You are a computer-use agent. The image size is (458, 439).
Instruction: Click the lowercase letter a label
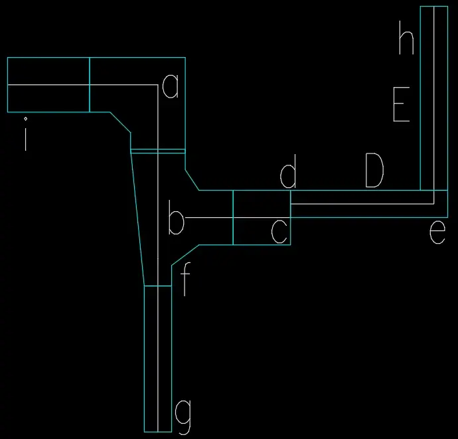[x=171, y=86]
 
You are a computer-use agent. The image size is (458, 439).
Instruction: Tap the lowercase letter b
[x=176, y=217]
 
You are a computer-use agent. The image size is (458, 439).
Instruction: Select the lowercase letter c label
[x=279, y=232]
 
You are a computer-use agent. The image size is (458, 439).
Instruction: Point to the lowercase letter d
[x=288, y=171]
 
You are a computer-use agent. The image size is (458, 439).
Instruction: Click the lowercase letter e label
[x=437, y=232]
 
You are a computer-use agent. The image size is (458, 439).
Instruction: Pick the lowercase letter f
[x=185, y=279]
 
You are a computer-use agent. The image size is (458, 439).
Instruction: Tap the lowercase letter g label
[x=183, y=417]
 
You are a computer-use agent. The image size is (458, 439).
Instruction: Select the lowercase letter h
[x=407, y=37]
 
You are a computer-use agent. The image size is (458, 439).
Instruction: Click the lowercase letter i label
[x=26, y=139]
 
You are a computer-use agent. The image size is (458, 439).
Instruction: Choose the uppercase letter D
[x=374, y=170]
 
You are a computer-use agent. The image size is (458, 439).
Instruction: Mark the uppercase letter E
[x=402, y=104]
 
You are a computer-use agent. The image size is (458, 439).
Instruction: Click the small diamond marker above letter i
[x=26, y=119]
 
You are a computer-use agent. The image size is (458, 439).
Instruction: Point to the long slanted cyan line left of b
[x=137, y=219]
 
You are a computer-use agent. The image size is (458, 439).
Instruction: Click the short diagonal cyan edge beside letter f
[x=185, y=255]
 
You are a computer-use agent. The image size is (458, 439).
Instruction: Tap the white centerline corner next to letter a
[x=158, y=85]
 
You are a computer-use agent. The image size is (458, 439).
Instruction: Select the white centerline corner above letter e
[x=434, y=204]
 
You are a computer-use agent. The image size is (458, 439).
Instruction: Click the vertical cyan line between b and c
[x=233, y=217]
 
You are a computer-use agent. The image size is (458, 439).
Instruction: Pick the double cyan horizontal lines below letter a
[x=158, y=151]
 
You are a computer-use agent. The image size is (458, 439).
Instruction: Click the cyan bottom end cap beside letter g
[x=158, y=432]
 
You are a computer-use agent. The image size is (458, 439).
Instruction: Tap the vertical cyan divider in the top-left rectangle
[x=90, y=85]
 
